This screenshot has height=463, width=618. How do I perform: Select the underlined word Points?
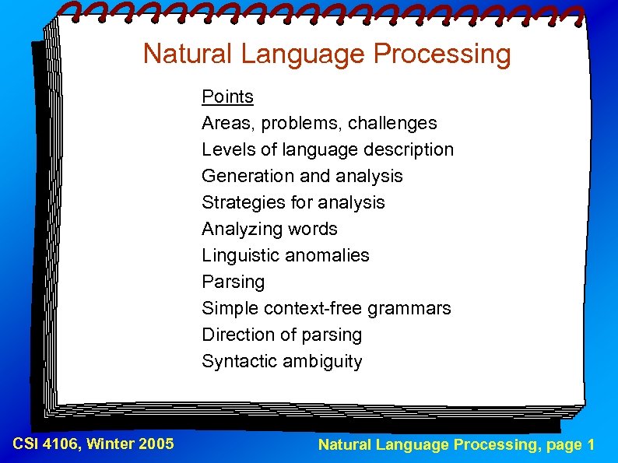pyautogui.click(x=227, y=96)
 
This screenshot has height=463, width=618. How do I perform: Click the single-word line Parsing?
pyautogui.click(x=233, y=282)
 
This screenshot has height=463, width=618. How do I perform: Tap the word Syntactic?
pyautogui.click(x=237, y=361)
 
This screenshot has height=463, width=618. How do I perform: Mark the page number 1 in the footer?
pyautogui.click(x=592, y=445)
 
